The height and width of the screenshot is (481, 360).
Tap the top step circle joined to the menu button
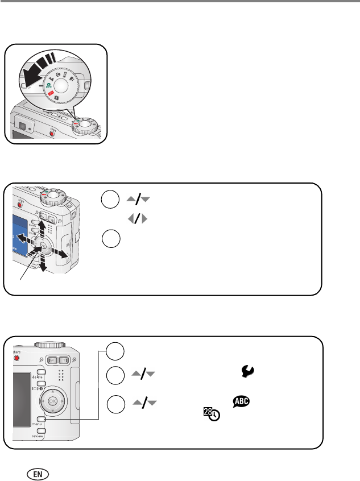pos(116,351)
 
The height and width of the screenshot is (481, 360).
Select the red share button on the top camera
pos(52,134)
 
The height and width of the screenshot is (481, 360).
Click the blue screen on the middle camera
pos(11,236)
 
